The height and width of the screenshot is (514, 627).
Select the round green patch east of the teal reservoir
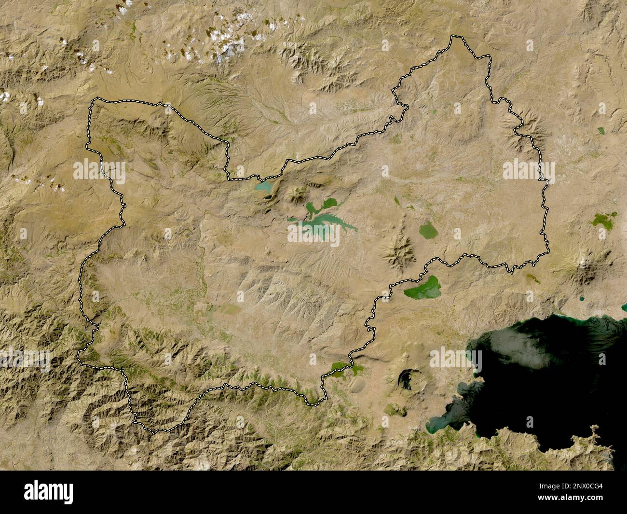coord(428,231)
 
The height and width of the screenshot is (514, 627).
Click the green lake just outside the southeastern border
coord(423,288)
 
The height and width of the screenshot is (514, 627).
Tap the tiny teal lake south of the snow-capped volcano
coord(582,299)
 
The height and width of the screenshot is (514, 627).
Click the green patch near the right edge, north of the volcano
coord(604,220)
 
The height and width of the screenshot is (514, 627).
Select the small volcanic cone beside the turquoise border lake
coord(294,195)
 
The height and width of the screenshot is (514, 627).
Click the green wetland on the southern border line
coord(345,370)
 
